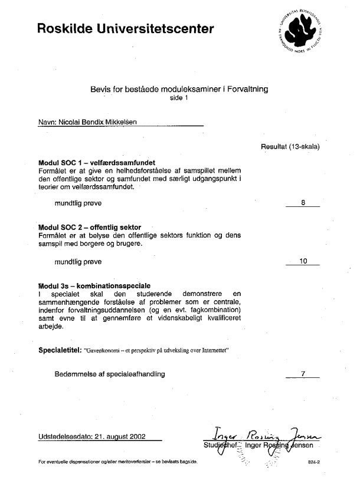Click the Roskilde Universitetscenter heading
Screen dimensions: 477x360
pos(125,27)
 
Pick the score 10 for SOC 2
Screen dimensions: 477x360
pos(304,261)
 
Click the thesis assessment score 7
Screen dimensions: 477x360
pos(303,373)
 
